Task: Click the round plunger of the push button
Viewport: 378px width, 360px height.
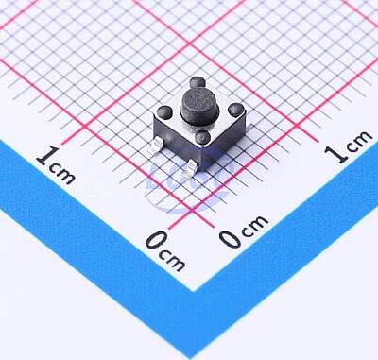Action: (x=198, y=104)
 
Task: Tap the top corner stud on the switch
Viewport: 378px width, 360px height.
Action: (x=198, y=82)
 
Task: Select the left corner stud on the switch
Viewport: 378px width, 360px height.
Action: (x=164, y=111)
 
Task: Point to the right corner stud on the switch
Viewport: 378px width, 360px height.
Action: (x=236, y=111)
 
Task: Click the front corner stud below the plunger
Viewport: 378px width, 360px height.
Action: (x=203, y=137)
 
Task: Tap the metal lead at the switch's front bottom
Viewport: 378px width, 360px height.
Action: (x=191, y=166)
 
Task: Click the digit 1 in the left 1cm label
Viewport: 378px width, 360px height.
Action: (x=48, y=155)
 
